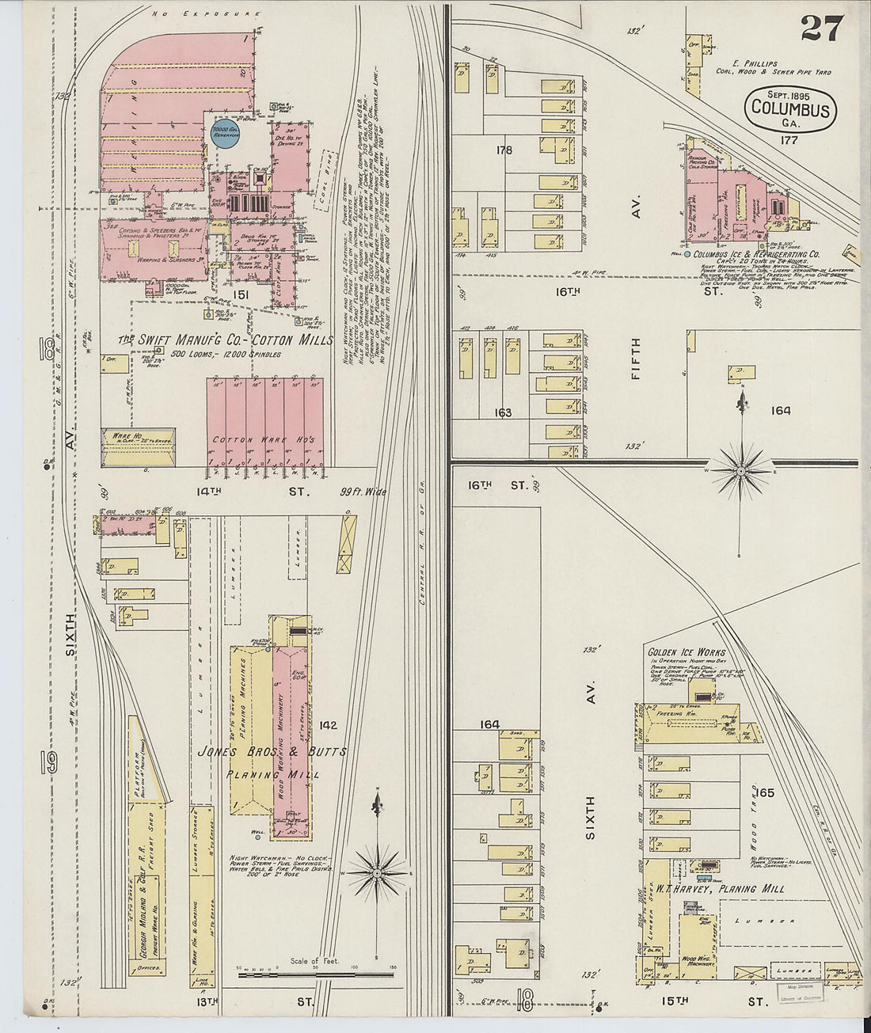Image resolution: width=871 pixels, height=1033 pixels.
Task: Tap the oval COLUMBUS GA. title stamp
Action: tap(789, 108)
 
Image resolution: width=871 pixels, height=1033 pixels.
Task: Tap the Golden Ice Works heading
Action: tap(687, 653)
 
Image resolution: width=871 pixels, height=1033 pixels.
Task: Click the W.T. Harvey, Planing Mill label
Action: tap(718, 889)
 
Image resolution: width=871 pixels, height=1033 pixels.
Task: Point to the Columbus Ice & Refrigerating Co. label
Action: tap(756, 255)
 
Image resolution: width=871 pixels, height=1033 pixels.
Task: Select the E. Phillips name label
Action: tap(754, 63)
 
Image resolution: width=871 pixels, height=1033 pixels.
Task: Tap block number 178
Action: tap(504, 150)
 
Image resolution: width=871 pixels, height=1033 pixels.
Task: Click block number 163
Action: tap(503, 412)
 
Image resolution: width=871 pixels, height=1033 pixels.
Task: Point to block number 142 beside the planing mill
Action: tap(329, 724)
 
